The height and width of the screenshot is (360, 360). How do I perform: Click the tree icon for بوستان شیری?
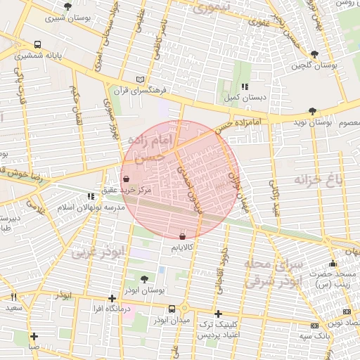click(x=67, y=6)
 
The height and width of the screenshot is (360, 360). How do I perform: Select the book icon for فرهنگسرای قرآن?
click(x=141, y=79)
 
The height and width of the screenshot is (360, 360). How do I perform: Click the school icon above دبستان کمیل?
click(x=244, y=86)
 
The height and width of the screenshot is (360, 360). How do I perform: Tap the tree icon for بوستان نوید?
click(x=312, y=111)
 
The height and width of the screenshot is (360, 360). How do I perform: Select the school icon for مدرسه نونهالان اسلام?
click(x=90, y=196)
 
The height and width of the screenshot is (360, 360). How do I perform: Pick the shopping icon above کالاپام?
click(x=183, y=237)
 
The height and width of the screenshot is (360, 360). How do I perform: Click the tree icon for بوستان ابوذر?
click(x=144, y=279)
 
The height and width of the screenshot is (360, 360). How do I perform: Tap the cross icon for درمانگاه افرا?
click(x=112, y=298)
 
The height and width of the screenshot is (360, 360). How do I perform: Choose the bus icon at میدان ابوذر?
click(x=172, y=309)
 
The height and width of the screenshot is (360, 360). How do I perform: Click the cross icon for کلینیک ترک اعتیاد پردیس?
click(x=218, y=314)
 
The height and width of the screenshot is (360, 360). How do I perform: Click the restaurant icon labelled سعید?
click(x=13, y=297)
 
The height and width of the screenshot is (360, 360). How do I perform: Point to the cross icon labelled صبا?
click(x=34, y=336)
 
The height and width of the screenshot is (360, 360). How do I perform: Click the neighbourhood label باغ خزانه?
click(x=319, y=181)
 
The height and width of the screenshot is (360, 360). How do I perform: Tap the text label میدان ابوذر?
click(x=172, y=321)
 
